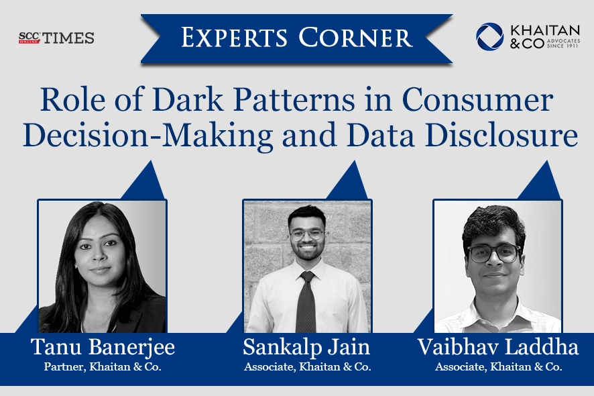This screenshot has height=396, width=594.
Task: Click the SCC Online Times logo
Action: click(56, 38)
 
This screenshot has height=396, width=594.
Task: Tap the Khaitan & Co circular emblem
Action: click(489, 37)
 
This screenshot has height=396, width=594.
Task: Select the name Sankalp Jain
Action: click(307, 348)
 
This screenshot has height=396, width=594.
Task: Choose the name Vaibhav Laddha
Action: click(497, 348)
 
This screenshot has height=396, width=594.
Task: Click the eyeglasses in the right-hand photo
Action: click(494, 253)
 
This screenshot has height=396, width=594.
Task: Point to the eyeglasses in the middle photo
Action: click(307, 234)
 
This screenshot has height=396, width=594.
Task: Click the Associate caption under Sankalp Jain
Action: click(307, 366)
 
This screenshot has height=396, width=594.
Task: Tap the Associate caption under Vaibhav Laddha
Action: click(497, 366)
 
